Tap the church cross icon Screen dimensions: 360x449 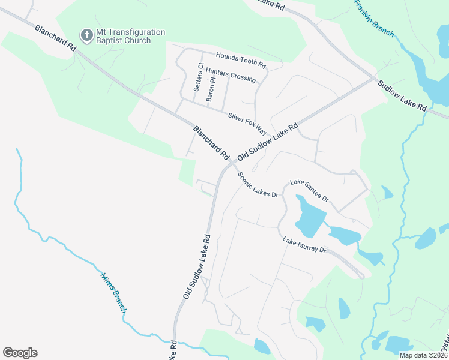(87, 36)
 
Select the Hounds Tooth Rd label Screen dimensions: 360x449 (241, 59)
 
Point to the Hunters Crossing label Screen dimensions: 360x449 (231, 75)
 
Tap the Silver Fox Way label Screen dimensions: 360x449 (247, 122)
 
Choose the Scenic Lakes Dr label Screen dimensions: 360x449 (259, 185)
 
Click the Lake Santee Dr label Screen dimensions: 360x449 (310, 190)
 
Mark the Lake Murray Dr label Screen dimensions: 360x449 (304, 245)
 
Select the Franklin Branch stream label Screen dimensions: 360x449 (373, 18)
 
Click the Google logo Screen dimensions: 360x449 (20, 352)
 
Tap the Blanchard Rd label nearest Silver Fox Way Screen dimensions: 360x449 (211, 143)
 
